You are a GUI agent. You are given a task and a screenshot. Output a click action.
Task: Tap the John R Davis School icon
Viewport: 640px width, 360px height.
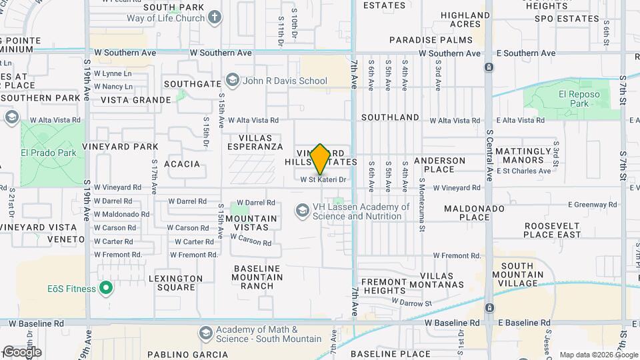(233, 81)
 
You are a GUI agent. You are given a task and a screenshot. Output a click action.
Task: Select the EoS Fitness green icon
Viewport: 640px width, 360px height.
(105, 288)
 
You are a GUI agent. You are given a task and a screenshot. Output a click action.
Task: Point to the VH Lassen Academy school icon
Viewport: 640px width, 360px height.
(302, 211)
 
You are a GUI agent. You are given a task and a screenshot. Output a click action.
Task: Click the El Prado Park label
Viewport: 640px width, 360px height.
(48, 153)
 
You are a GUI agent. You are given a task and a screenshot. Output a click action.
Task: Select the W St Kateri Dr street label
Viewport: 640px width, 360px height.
(323, 179)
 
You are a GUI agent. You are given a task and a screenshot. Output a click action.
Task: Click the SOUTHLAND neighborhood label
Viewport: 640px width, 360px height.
(390, 117)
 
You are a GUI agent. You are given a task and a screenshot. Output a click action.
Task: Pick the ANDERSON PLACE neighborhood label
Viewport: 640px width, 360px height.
(439, 165)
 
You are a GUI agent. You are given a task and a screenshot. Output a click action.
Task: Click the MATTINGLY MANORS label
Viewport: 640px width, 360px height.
(519, 156)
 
